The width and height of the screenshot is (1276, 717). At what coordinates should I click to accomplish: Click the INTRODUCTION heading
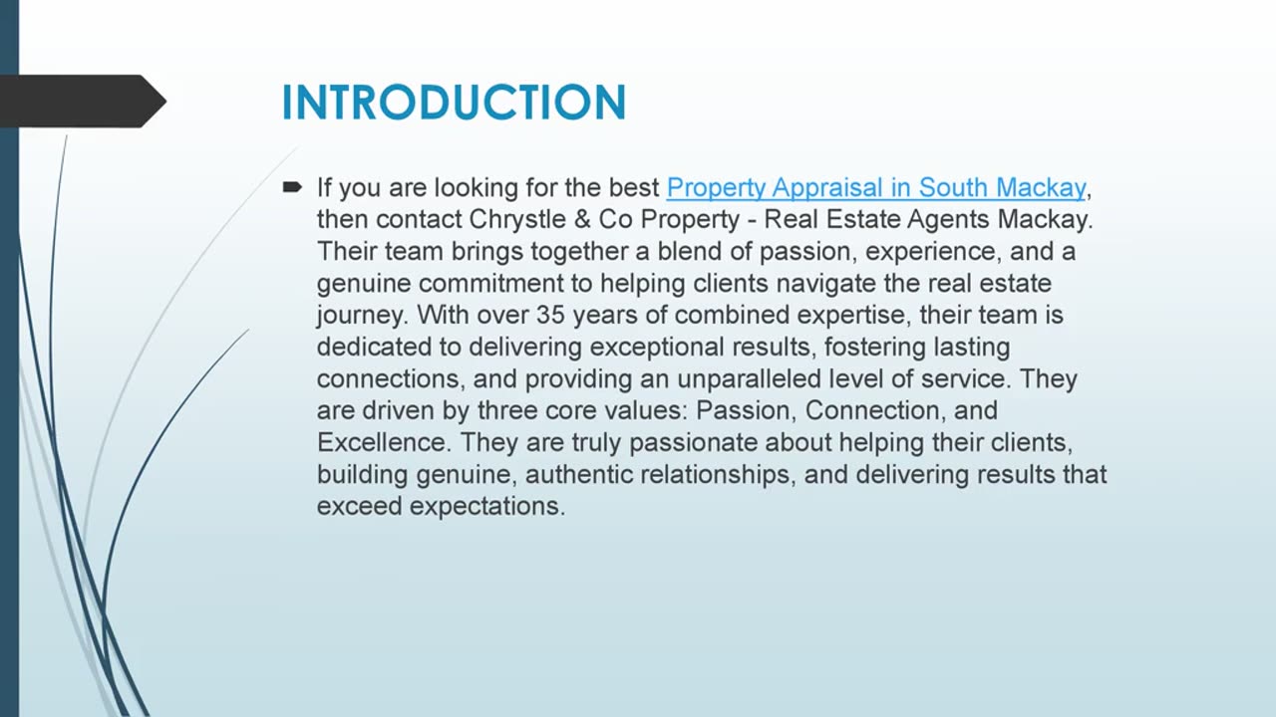pyautogui.click(x=454, y=103)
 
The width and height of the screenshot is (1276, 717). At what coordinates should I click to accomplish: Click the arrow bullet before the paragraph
pyautogui.click(x=292, y=186)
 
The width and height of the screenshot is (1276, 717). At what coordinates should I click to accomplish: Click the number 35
pyautogui.click(x=550, y=316)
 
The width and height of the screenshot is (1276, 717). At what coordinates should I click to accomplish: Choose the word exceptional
pyautogui.click(x=656, y=348)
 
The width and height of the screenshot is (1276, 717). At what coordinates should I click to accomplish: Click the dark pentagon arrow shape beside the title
pyautogui.click(x=83, y=102)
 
